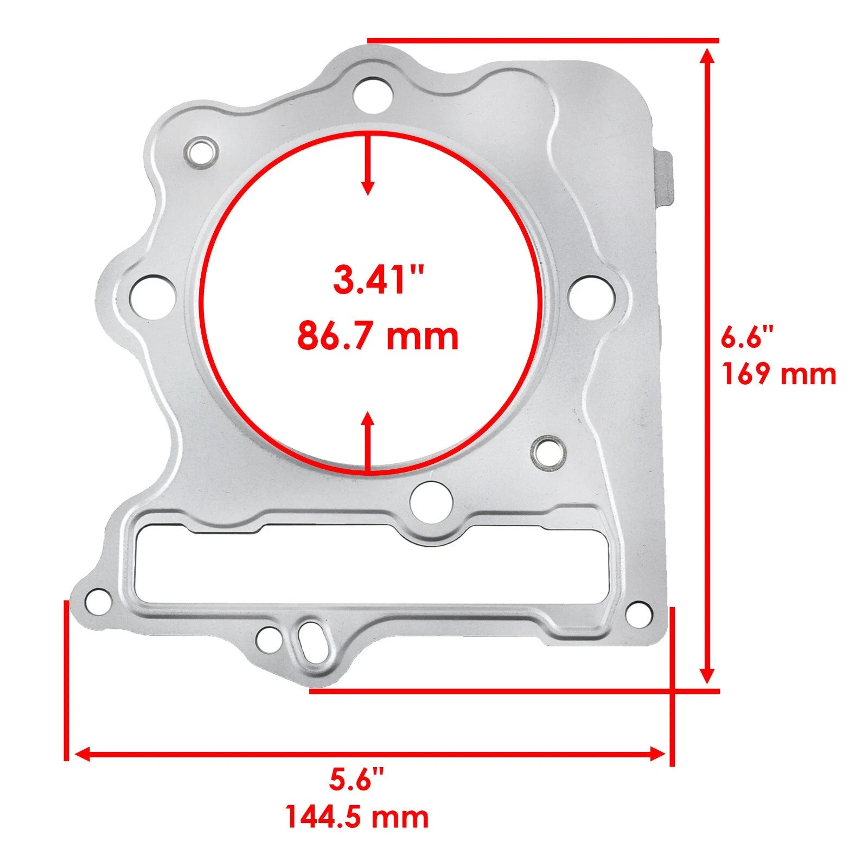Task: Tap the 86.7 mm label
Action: point(378,336)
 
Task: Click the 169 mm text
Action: point(778,374)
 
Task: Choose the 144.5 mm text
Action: point(356,817)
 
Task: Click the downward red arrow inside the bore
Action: point(368,165)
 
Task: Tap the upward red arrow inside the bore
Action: point(368,439)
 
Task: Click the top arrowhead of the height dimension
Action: point(706,57)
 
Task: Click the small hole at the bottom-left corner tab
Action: point(99,601)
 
